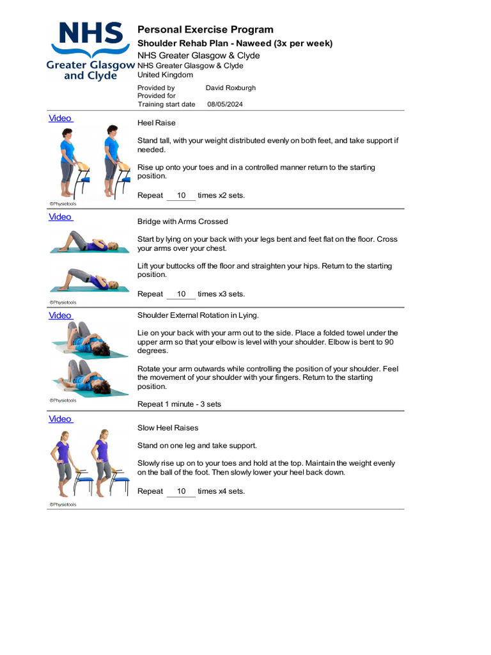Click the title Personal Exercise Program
[x=205, y=29]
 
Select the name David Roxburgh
[x=230, y=88]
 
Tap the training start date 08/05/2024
[x=225, y=104]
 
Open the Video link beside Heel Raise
[x=60, y=118]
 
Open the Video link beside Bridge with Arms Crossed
[x=60, y=217]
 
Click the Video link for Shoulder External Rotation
[x=60, y=315]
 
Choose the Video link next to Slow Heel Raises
[x=60, y=419]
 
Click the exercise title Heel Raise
[x=156, y=123]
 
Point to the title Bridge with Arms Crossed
[x=182, y=221]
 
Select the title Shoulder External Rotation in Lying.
[x=198, y=315]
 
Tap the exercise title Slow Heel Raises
[x=168, y=428]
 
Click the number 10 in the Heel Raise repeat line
[x=182, y=196]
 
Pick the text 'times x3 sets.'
[x=221, y=294]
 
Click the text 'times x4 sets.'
[x=221, y=491]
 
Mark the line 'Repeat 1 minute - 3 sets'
[x=179, y=404]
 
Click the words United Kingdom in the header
[x=165, y=75]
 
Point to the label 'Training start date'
[x=166, y=104]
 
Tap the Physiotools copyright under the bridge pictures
[x=63, y=303]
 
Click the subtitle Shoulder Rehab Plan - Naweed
[x=235, y=43]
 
